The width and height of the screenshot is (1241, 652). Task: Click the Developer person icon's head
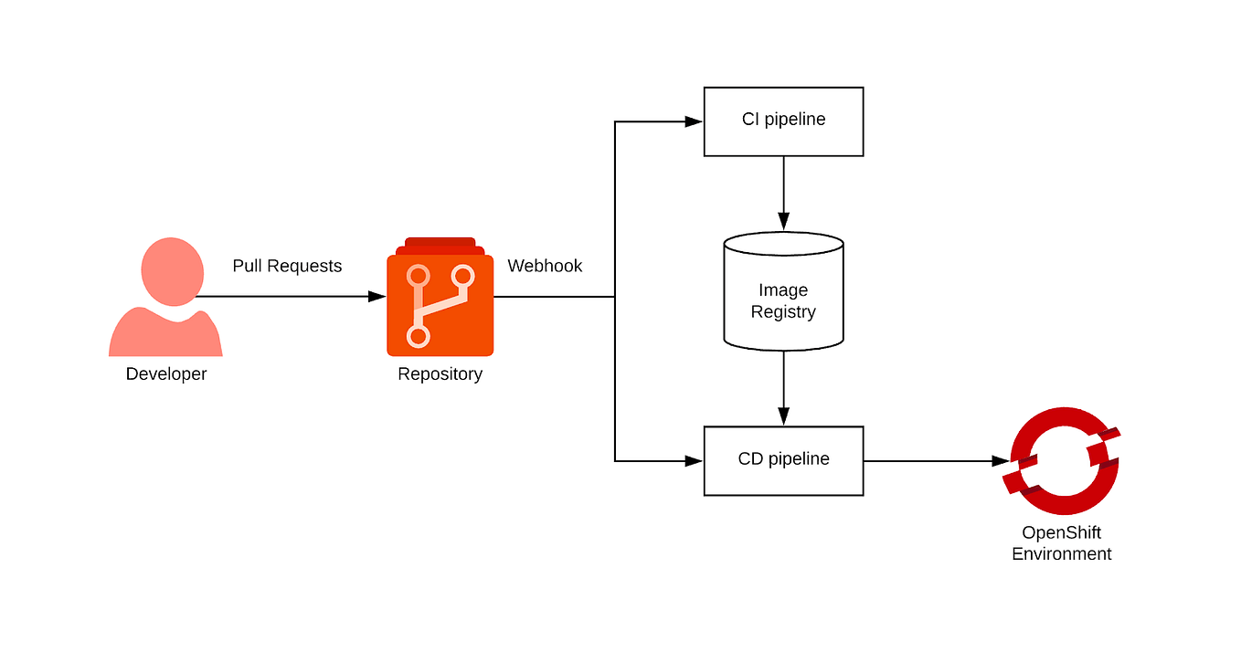(172, 271)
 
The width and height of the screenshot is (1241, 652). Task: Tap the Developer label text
(166, 373)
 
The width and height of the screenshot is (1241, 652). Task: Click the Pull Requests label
(287, 266)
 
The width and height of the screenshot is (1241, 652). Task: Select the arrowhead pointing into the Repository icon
(377, 297)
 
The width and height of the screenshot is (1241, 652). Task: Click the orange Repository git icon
(440, 301)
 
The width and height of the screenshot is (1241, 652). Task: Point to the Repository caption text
(440, 373)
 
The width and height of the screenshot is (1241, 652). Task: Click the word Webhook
(545, 266)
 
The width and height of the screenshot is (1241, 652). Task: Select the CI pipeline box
(783, 121)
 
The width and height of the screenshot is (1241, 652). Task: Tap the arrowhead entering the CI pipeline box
(693, 121)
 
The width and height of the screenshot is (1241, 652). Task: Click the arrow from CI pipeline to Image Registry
(783, 192)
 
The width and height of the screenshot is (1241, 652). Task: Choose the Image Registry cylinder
(783, 292)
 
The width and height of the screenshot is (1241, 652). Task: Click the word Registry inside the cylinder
(783, 312)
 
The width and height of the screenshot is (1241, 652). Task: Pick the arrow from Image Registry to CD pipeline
(783, 388)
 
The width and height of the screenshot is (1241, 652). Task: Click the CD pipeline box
(783, 460)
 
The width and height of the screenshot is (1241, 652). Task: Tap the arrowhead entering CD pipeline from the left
(693, 461)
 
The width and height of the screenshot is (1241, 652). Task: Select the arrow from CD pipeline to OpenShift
(932, 461)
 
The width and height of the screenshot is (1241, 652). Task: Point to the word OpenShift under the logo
(1061, 532)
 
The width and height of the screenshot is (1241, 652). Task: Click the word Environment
(1061, 553)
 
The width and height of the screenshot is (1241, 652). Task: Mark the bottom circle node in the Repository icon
(419, 337)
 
